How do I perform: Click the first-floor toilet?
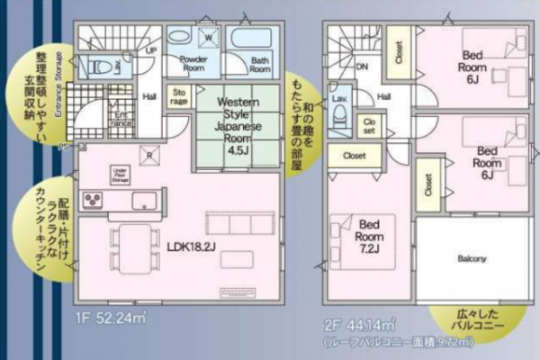tap(103, 67)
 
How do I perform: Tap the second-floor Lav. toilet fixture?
tap(339, 113)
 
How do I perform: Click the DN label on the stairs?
tap(361, 66)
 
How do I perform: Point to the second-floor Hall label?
tap(384, 96)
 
